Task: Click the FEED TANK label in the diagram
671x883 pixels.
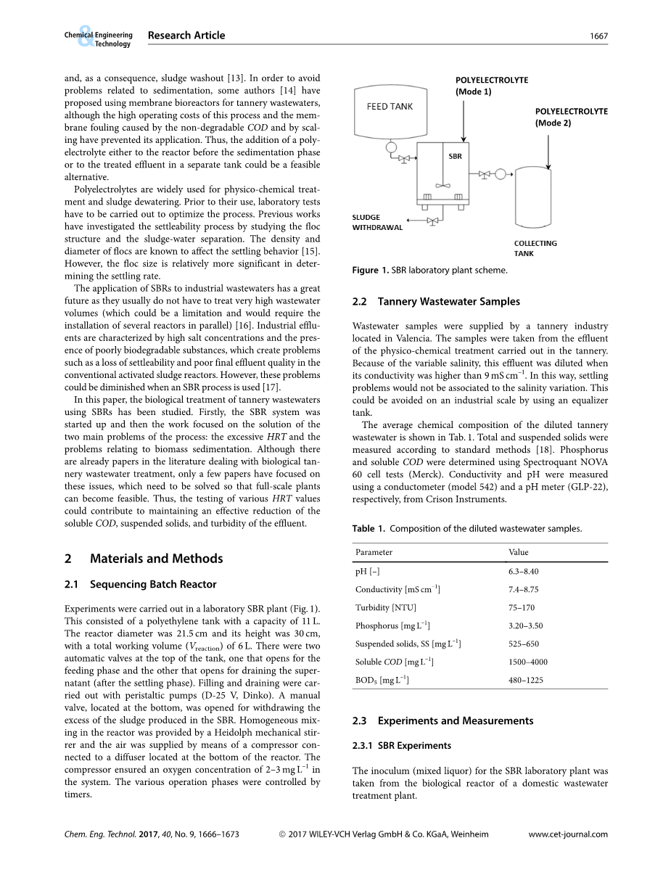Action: coord(390,107)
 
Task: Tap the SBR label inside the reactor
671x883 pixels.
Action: coord(455,156)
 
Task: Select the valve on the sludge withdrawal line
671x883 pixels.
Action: coord(433,220)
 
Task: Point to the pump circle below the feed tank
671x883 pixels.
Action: coord(391,149)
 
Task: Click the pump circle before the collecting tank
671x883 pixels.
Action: coord(500,174)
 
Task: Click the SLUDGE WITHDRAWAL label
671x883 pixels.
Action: coord(376,222)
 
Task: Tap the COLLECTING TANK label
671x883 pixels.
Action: coord(535,248)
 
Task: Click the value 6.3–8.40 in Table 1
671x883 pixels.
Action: coord(523,572)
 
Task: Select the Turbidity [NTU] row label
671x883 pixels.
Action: coord(386,608)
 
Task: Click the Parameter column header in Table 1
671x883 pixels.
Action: coord(374,553)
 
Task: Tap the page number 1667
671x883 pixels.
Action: coord(598,36)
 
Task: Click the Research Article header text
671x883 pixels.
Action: coord(186,36)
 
